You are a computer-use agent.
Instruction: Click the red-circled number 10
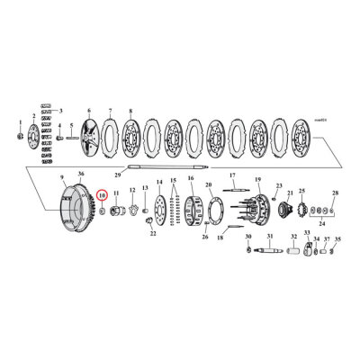click(x=102, y=193)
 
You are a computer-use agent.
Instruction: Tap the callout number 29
click(x=117, y=177)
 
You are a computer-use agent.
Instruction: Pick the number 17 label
click(x=231, y=175)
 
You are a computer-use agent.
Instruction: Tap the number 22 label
click(x=152, y=234)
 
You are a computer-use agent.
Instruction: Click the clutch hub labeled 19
click(x=255, y=214)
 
